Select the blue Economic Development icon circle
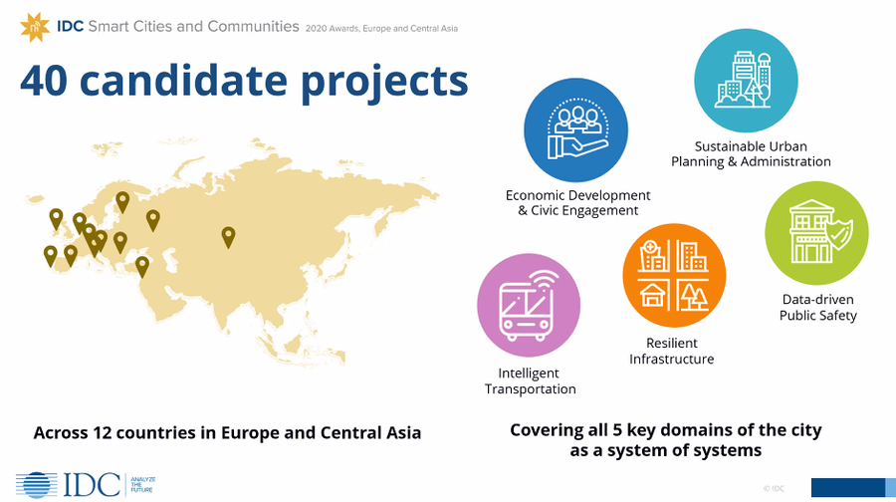(x=575, y=130)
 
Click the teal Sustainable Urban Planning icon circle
(x=746, y=81)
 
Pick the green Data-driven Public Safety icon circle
(x=816, y=233)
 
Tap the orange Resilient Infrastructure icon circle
(x=674, y=276)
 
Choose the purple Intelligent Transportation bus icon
(x=529, y=306)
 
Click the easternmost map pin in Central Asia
(x=228, y=237)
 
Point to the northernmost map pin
(x=122, y=202)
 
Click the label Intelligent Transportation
(x=531, y=380)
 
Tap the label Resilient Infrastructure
(x=671, y=351)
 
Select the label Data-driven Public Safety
(x=818, y=308)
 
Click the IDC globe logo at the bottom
(x=37, y=485)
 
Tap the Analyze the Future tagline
(x=142, y=485)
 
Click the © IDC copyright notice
(x=774, y=488)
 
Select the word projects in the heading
(x=384, y=83)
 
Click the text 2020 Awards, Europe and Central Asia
(x=381, y=28)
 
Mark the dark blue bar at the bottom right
(x=848, y=488)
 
